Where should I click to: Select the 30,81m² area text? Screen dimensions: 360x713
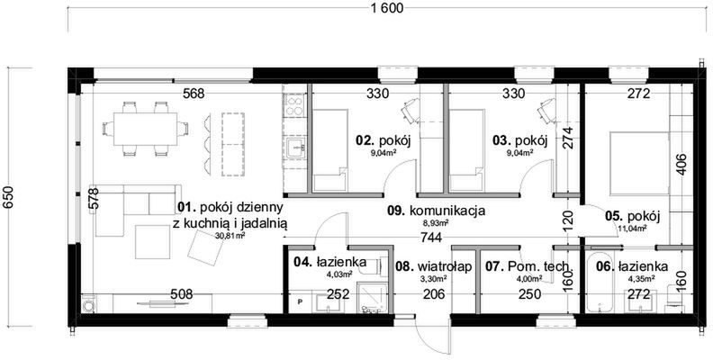(x=230, y=236)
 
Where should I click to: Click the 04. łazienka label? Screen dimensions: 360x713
(x=329, y=262)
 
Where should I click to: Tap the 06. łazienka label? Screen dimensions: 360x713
(x=630, y=266)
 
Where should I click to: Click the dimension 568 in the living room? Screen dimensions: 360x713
(x=194, y=92)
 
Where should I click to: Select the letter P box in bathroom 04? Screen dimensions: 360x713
(x=300, y=302)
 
